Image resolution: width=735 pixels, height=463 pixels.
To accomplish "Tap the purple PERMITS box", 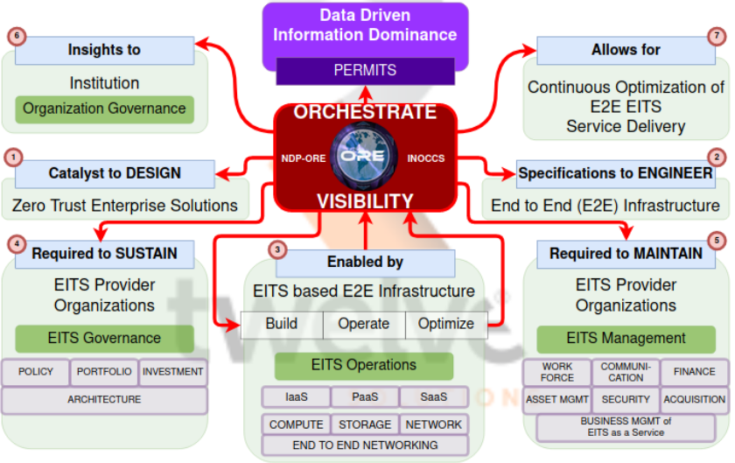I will coord(365,70).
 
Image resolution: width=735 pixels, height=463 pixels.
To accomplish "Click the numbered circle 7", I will coord(717,36).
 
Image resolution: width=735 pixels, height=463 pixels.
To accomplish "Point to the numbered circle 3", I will coord(277,249).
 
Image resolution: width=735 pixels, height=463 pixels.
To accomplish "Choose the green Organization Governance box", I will coord(104,109).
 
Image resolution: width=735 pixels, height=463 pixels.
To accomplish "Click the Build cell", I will coord(282,324).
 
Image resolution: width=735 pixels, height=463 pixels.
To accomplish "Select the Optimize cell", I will coord(445,324).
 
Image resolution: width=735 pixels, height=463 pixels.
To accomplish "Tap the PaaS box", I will coord(365,397).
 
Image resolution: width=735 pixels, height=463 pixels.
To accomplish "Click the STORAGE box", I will coord(365,424).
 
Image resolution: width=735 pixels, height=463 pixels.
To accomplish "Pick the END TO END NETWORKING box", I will coord(365,445).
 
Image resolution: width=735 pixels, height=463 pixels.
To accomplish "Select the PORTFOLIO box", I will coord(104,372).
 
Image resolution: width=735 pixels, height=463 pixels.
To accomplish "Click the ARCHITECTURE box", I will coord(104,400).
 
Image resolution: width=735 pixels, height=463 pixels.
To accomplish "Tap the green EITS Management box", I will coord(626,339).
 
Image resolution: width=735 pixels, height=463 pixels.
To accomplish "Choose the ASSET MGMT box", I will coord(556,399).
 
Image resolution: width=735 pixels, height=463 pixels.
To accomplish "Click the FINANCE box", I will coord(694,372).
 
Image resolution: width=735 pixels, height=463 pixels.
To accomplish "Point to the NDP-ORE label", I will coord(304,158).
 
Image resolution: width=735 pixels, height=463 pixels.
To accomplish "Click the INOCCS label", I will coord(427,158).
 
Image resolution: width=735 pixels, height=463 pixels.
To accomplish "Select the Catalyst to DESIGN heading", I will coord(115,173).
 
